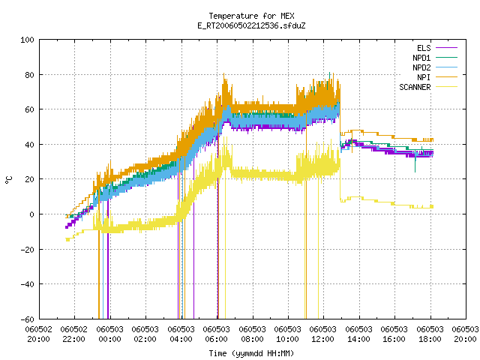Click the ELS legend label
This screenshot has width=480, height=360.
(424, 48)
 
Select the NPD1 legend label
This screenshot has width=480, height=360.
(421, 58)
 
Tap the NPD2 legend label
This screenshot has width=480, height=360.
(421, 67)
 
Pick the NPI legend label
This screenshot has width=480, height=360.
(424, 77)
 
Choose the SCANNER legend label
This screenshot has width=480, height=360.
(415, 87)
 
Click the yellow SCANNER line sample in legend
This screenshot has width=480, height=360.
(446, 87)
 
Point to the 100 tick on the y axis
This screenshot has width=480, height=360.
(27, 40)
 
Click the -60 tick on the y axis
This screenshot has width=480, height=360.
(27, 319)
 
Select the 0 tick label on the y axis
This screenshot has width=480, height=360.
(31, 214)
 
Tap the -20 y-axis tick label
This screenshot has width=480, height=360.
(27, 250)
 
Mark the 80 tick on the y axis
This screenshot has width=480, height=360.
(30, 75)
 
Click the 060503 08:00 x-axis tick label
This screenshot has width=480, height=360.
(252, 334)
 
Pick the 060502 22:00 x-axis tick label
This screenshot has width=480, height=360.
(74, 334)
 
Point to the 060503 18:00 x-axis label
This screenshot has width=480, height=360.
(430, 334)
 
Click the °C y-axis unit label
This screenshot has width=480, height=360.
(8, 180)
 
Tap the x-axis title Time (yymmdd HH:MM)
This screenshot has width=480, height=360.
(251, 353)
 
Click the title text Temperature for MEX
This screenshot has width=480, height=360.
(252, 16)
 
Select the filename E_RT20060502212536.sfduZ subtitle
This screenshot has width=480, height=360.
(252, 25)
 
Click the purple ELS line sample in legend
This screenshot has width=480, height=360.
(446, 48)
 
